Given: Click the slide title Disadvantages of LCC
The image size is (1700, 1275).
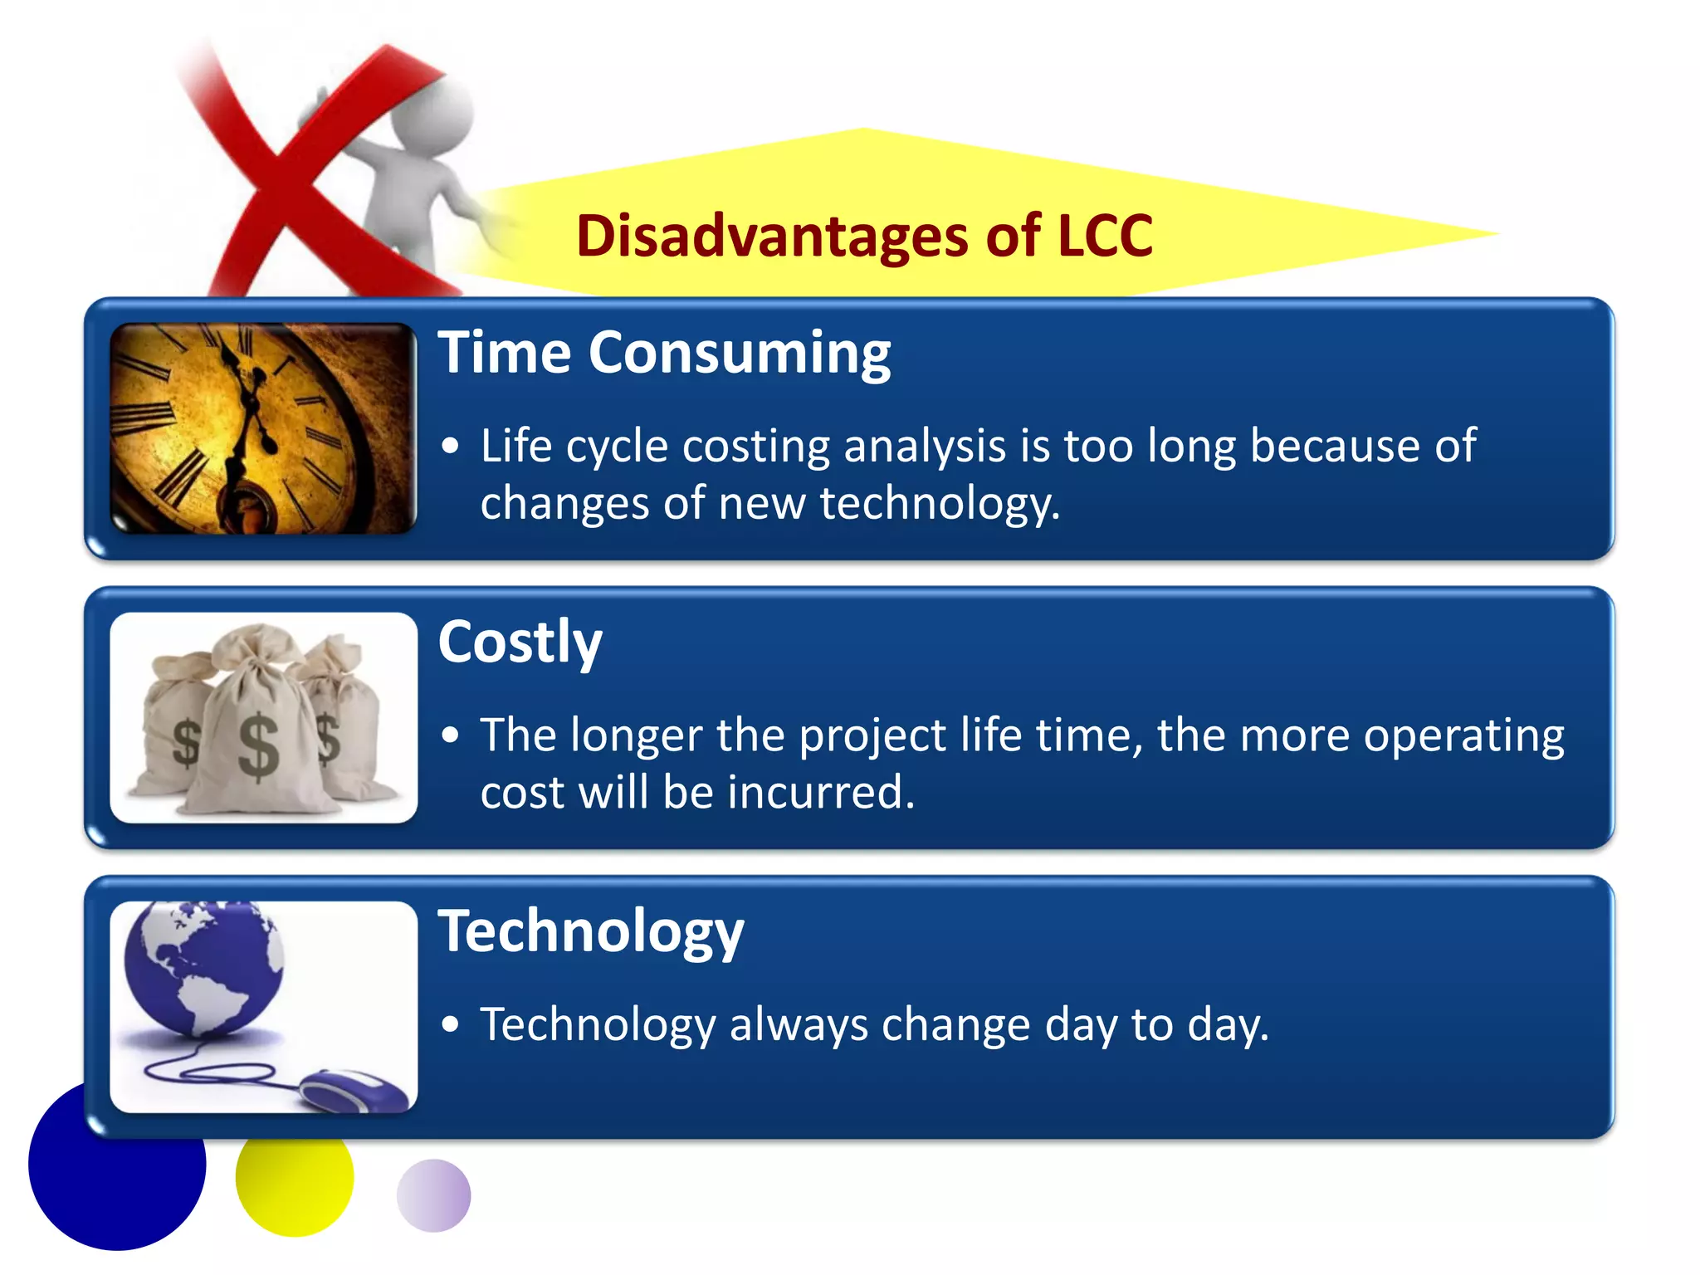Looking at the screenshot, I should [x=864, y=236].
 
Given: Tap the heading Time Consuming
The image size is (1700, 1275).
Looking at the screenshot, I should [x=664, y=354].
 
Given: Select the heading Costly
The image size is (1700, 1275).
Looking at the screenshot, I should [x=520, y=642].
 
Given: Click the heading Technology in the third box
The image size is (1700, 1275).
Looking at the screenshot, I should [x=590, y=931].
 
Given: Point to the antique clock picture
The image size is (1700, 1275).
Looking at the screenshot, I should [x=263, y=428].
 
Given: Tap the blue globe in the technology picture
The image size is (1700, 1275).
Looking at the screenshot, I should [x=203, y=967].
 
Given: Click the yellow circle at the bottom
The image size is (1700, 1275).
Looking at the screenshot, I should [x=295, y=1183].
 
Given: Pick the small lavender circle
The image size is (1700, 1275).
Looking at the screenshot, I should [x=433, y=1195].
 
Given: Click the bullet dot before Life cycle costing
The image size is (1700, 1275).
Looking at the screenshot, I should [x=450, y=447].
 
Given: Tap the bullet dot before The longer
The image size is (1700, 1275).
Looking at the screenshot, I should [x=450, y=735].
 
